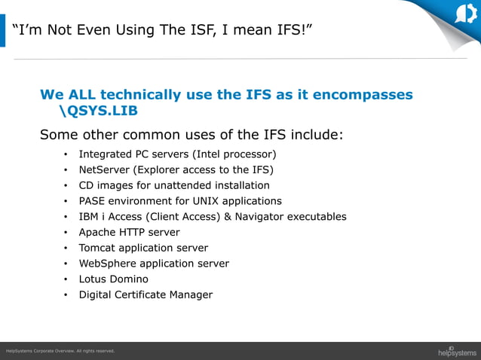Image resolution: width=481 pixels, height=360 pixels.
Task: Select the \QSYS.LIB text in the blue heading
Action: point(98,111)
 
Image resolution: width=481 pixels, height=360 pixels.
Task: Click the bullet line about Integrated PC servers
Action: point(172,154)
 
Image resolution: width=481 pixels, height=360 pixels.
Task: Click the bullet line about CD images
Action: point(173,185)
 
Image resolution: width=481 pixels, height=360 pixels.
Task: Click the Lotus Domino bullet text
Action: point(113,279)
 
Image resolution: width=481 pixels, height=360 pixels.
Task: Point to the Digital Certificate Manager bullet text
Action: point(146,294)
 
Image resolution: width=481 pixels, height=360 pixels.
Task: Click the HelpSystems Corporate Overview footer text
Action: point(60,351)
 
